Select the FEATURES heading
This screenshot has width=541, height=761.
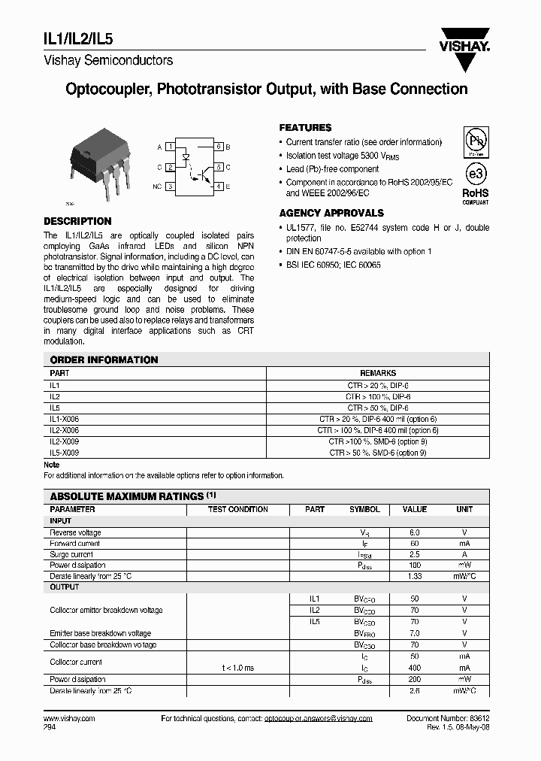coord(305,128)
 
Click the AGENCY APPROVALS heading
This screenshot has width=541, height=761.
coord(331,213)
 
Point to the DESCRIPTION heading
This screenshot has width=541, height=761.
coord(77,221)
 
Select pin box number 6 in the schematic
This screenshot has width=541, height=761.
coord(219,147)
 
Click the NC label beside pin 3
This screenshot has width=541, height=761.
coord(157,186)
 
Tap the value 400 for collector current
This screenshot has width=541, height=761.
coord(415,668)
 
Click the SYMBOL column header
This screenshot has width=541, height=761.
coord(364,509)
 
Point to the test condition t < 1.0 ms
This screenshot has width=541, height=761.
coord(237,668)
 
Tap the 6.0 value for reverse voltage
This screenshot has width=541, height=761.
coord(415,532)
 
